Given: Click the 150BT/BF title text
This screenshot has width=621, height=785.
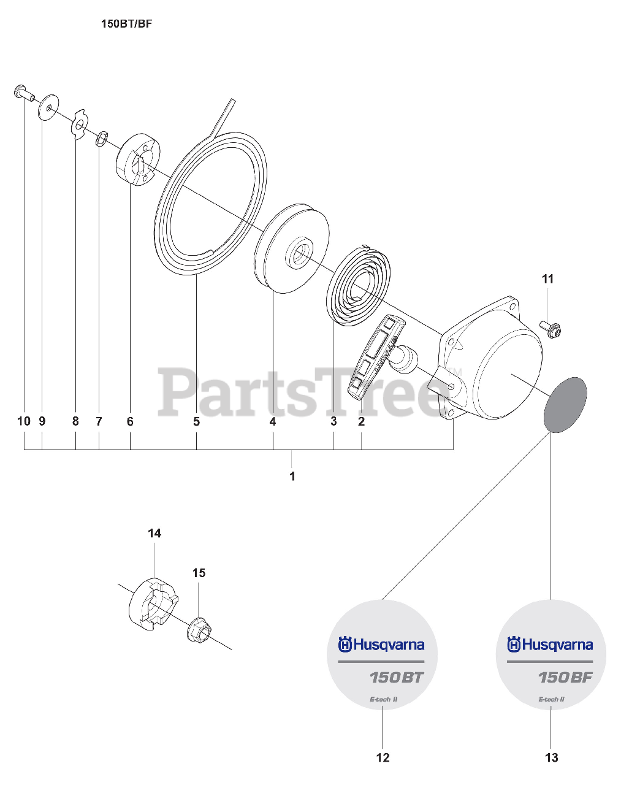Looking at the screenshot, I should pos(126,25).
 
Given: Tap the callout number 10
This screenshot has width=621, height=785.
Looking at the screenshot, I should pos(24,421).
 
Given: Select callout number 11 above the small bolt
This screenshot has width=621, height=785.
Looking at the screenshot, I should pos(547,279).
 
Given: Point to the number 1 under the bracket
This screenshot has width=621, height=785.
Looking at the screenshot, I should pos(292,476).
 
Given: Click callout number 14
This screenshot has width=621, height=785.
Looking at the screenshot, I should pos(154,534).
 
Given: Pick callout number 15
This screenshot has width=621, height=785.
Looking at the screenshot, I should pos(199,573).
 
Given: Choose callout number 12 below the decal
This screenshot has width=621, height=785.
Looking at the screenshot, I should pos(383,758).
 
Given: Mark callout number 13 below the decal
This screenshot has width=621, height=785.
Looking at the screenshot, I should pos(552,758).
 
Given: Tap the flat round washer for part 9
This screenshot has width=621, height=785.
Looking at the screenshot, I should pos(48,107).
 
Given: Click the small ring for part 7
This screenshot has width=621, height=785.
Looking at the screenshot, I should pos(102,138).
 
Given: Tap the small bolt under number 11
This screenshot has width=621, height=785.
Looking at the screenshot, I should pos(552,328).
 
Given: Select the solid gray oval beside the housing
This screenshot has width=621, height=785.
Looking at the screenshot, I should pos(565,405).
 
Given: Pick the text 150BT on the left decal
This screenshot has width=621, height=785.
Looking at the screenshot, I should pos(396,678).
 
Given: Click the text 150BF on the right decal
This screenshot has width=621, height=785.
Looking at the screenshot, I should pos(565,678).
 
